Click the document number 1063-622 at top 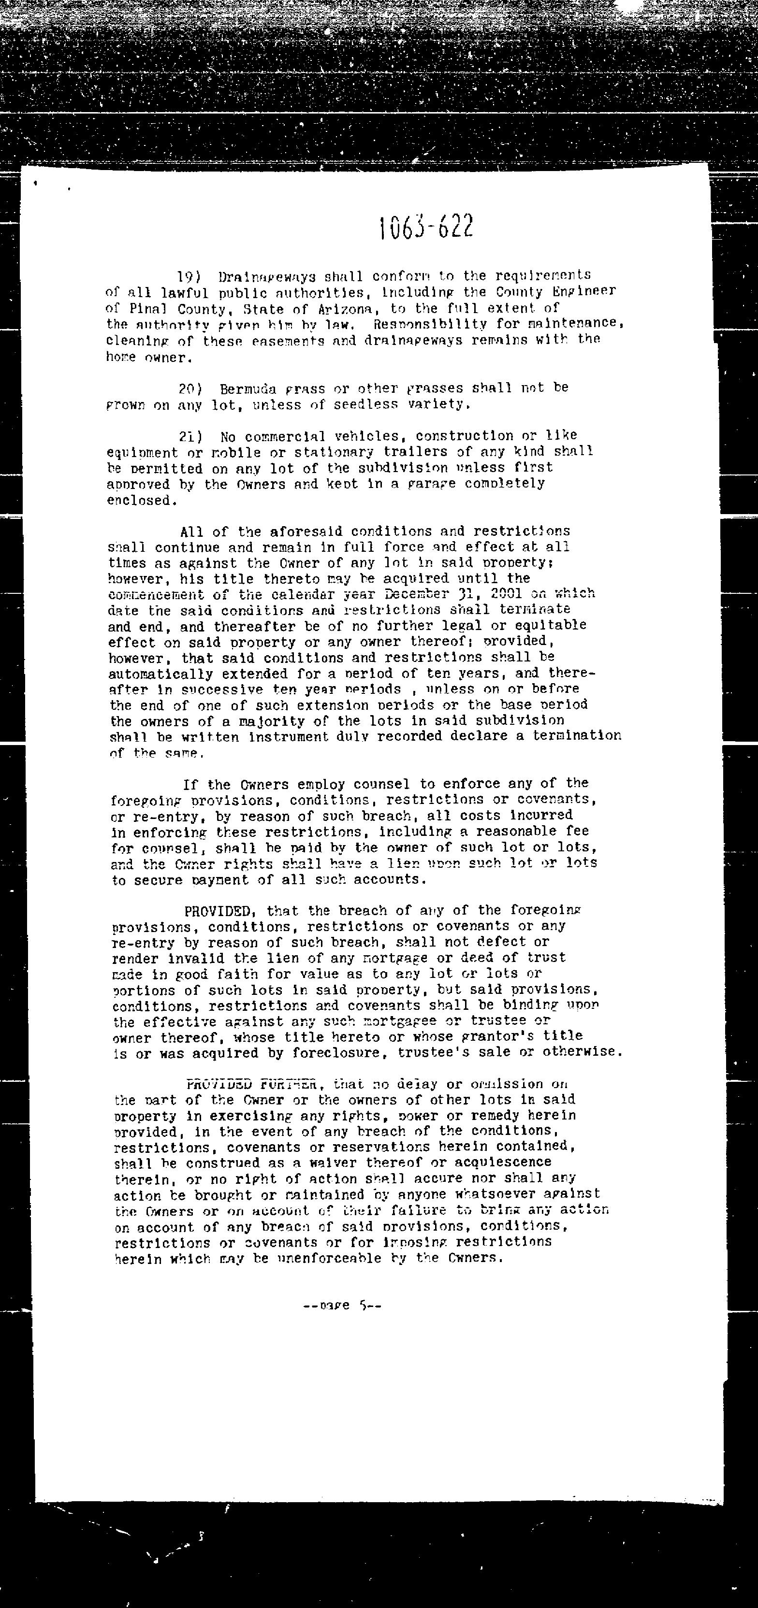click(426, 227)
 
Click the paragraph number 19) click(188, 276)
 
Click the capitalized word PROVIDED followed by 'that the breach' click(217, 911)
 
